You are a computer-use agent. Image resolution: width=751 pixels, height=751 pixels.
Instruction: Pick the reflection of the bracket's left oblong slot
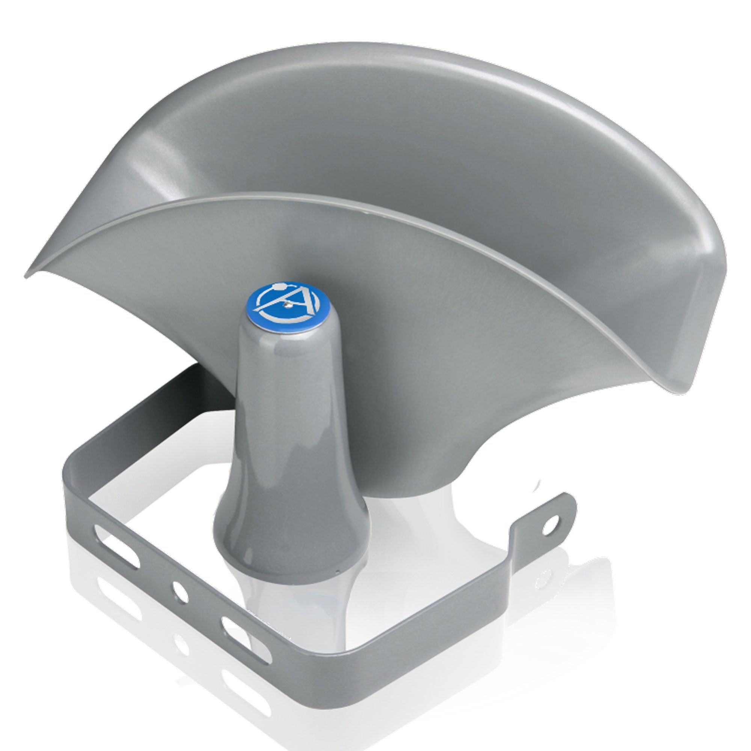(117, 606)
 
